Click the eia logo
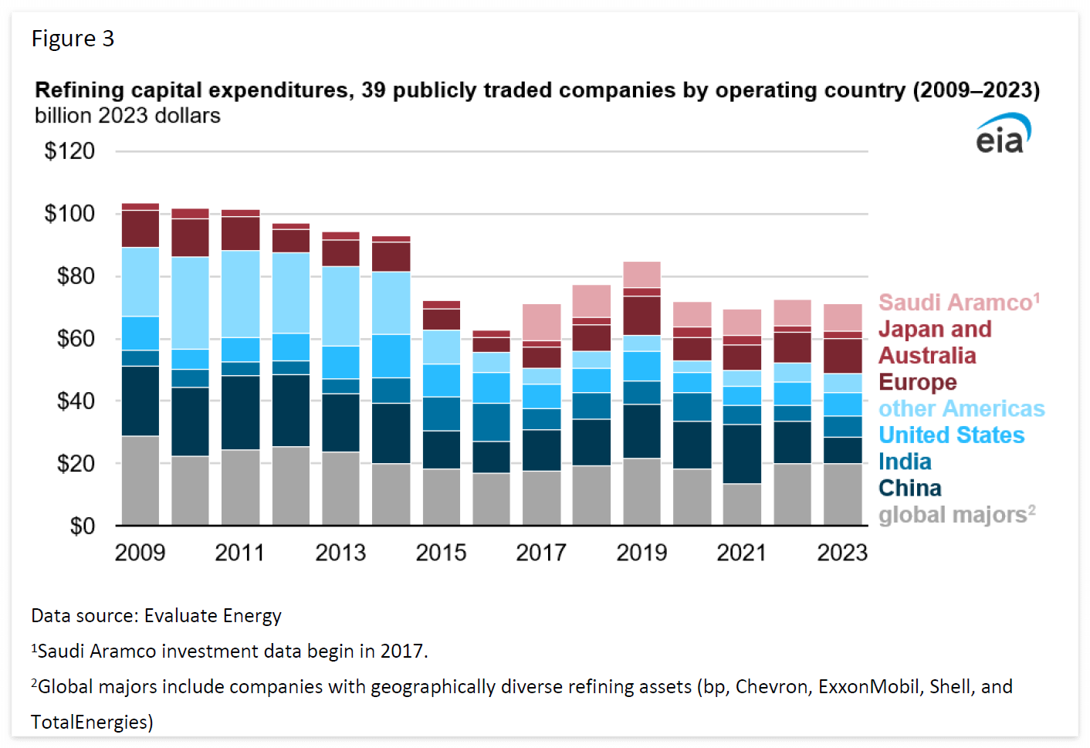pos(1002,134)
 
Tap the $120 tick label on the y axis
pos(69,151)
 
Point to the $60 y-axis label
pos(76,338)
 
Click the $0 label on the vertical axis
pos(82,526)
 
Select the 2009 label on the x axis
pos(140,553)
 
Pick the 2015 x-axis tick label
pos(441,553)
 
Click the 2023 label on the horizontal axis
pos(841,553)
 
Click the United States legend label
pos(951,435)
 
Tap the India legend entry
pos(905,462)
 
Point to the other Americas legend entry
pos(961,408)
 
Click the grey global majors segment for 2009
pos(140,480)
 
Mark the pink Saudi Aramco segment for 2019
pos(641,274)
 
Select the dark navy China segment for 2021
pos(742,454)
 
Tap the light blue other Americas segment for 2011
pos(241,293)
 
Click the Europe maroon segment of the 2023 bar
pos(842,356)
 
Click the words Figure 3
pos(73,39)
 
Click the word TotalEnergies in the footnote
pos(91,723)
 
